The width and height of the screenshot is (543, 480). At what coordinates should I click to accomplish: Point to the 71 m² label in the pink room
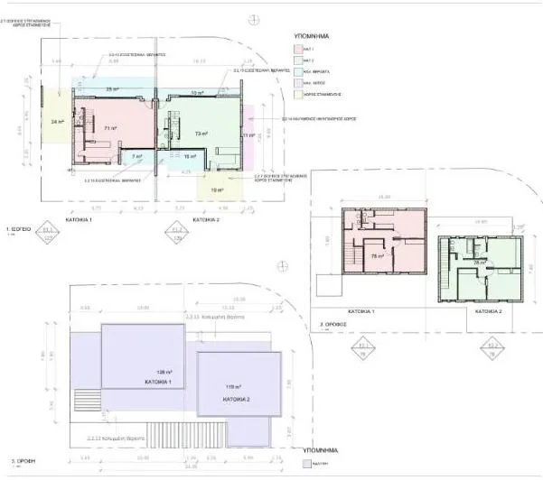pos(110,129)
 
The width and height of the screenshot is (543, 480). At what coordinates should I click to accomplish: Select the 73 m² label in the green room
pos(201,133)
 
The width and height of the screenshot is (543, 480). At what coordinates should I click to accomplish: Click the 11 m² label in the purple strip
pos(246,135)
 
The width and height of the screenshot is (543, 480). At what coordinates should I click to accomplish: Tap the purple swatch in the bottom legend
pos(306,466)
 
